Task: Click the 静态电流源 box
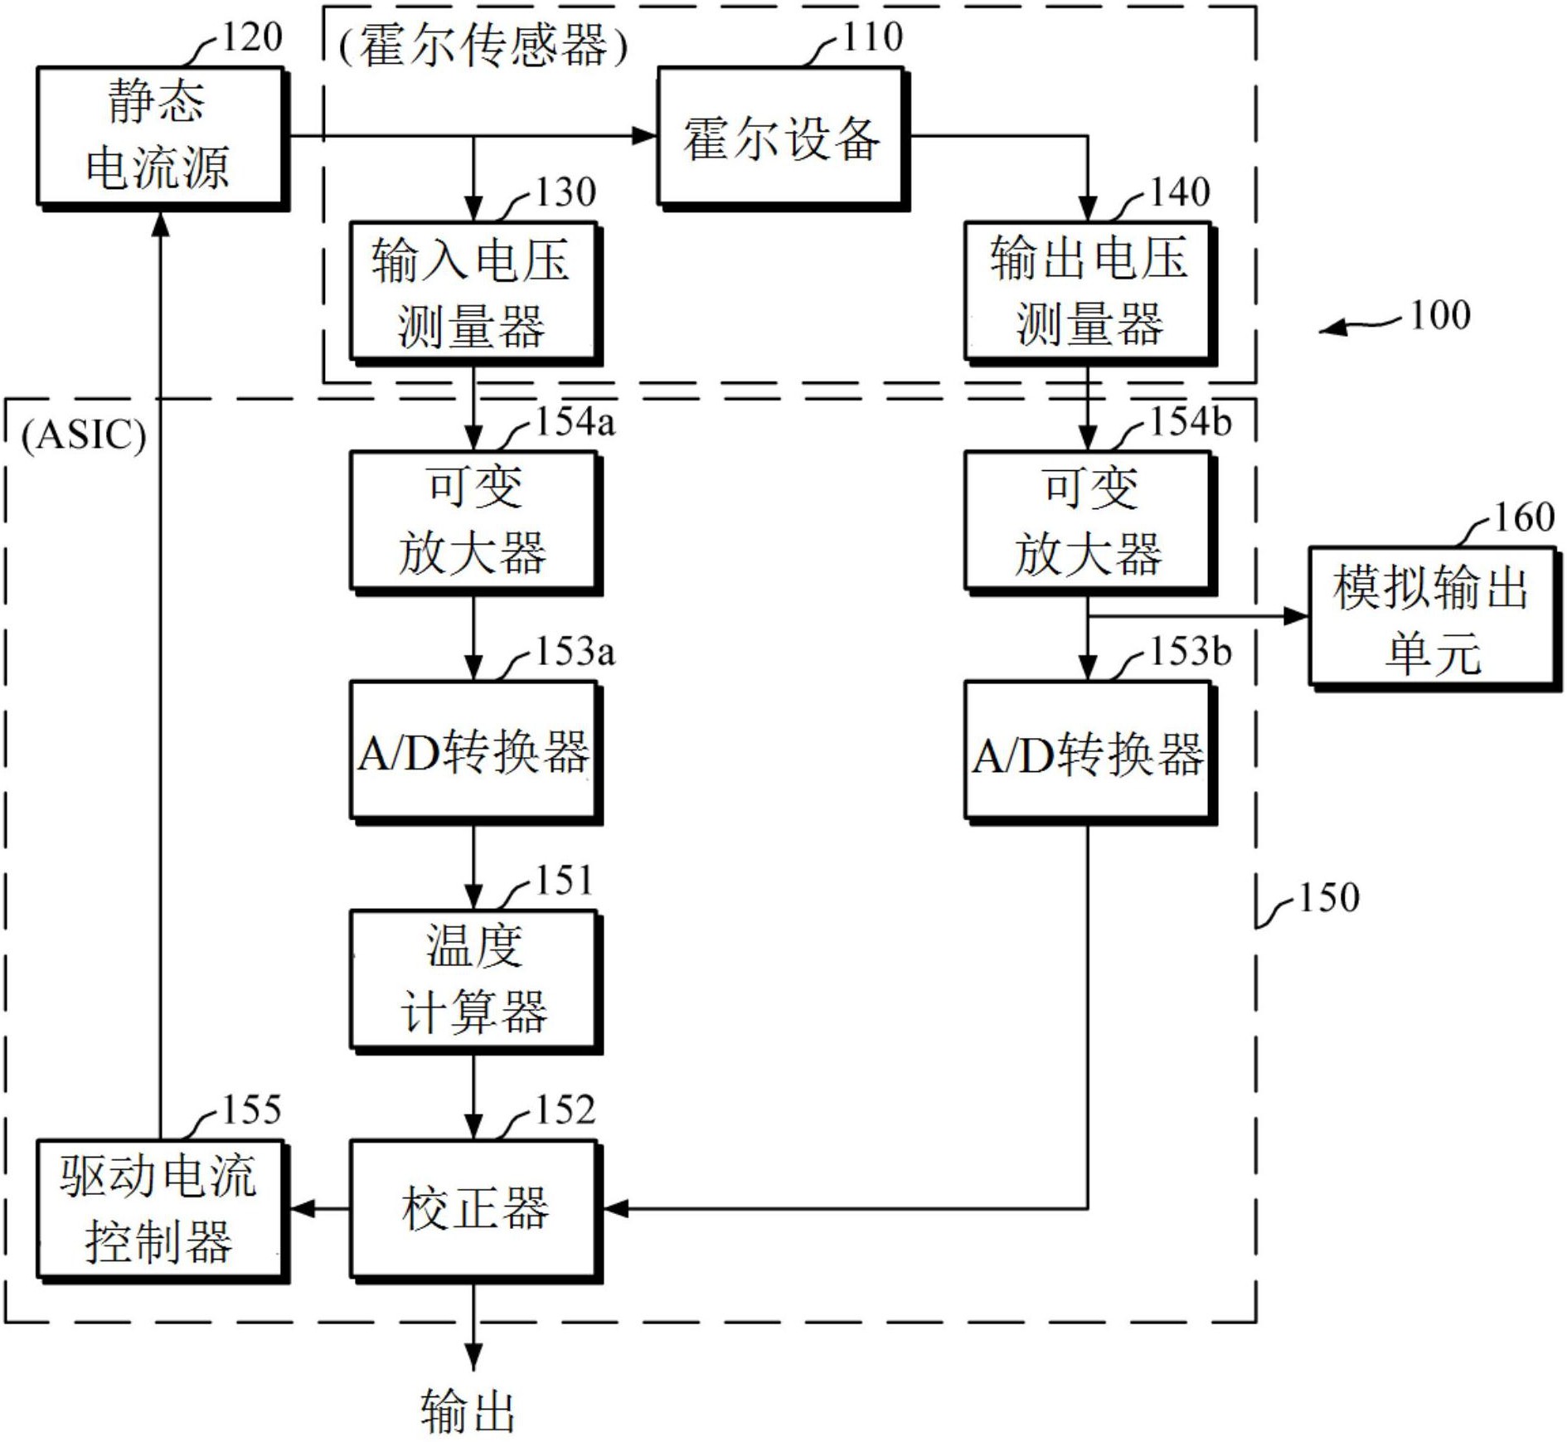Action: [160, 136]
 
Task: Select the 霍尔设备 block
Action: [780, 136]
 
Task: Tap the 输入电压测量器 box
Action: [473, 291]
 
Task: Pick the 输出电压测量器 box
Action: [1088, 291]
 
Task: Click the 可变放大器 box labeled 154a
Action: [473, 521]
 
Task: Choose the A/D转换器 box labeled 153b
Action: [1088, 750]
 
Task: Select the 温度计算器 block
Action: [473, 980]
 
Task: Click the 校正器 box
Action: [473, 1209]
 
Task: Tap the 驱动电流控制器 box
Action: [160, 1209]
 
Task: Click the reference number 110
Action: [872, 37]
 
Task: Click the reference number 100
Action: [1440, 316]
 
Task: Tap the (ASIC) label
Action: [84, 435]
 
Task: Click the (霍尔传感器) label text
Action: [484, 46]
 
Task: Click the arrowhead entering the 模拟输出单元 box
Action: [1295, 616]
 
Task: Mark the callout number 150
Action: [1328, 897]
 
